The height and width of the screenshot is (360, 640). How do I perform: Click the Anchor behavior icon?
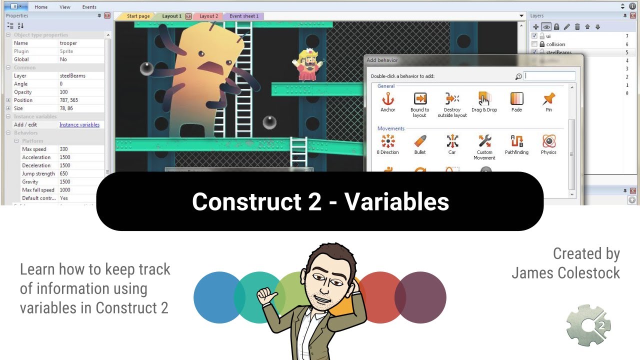pos(387,99)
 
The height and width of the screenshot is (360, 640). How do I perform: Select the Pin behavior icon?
pos(548,99)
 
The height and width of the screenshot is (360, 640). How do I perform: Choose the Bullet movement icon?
pos(420,141)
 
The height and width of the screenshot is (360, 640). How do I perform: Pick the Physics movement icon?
pos(548,141)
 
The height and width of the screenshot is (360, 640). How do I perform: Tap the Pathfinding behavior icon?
pos(516,141)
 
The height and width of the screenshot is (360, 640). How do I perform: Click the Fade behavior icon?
pos(516,99)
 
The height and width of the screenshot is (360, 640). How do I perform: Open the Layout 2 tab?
pos(208,16)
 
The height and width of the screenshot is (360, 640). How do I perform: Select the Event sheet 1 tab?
pos(244,16)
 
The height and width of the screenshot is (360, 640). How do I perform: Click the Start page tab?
pos(138,16)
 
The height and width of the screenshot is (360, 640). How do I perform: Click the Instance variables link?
pos(79,124)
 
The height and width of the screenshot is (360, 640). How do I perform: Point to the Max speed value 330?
pos(63,149)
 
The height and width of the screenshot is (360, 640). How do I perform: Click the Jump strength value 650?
pos(63,173)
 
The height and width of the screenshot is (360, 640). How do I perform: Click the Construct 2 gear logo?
pos(588,325)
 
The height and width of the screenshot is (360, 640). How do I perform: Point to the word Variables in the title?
pos(396,201)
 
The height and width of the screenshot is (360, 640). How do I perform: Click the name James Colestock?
pos(565,273)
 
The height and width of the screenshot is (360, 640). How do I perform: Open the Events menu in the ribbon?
pos(89,7)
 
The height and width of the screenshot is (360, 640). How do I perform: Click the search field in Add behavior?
pos(550,76)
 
